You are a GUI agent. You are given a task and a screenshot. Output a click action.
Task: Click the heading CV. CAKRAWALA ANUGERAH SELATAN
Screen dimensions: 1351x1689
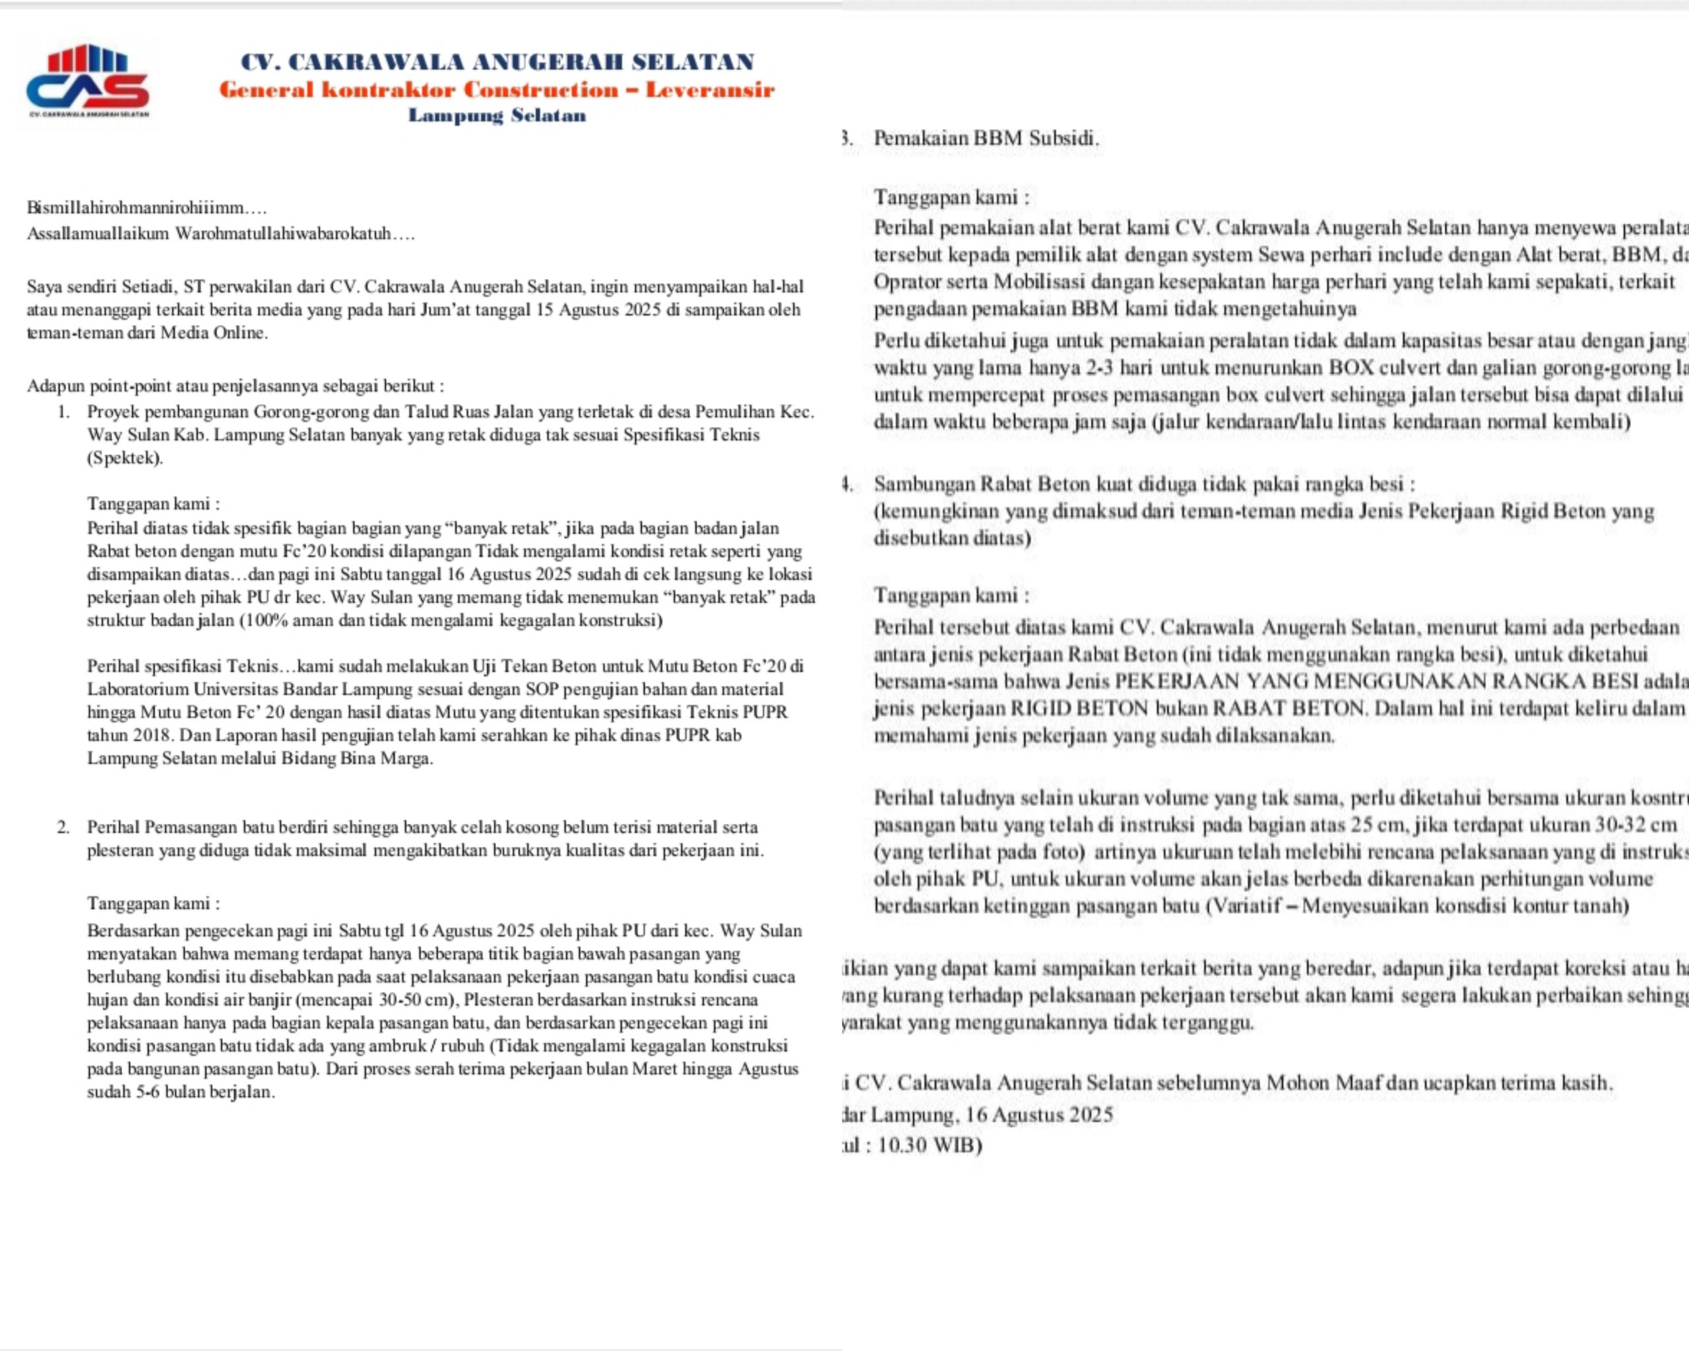coord(497,62)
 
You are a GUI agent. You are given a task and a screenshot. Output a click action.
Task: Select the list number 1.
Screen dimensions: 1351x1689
coord(63,412)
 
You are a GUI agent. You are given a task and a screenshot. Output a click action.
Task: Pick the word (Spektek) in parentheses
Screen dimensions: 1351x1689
coord(125,458)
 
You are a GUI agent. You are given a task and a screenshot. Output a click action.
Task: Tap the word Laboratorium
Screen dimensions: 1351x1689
coord(138,689)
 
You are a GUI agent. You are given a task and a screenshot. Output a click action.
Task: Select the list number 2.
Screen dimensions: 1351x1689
coord(63,827)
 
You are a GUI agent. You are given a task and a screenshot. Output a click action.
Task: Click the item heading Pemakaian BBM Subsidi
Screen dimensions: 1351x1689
coord(986,139)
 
